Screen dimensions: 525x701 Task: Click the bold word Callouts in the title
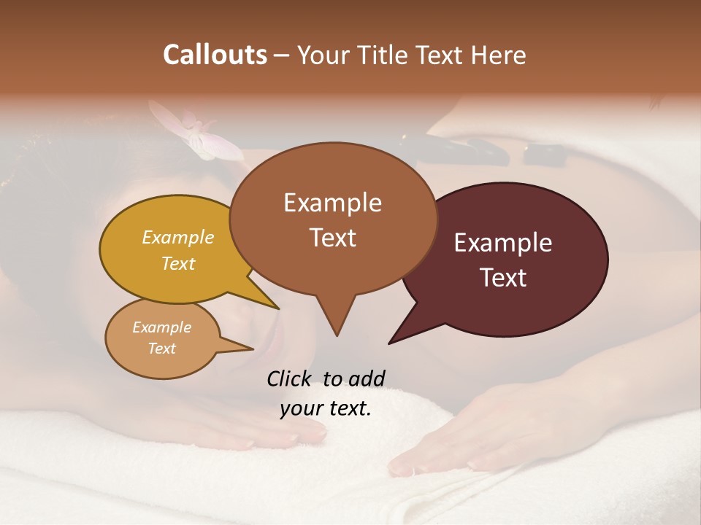click(x=215, y=55)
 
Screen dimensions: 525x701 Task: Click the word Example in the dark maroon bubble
click(x=503, y=243)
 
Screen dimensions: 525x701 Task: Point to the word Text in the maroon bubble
click(x=503, y=277)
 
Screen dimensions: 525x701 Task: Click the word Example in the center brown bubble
click(x=332, y=203)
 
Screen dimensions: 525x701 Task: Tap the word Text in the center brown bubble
click(x=332, y=238)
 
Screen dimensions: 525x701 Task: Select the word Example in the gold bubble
click(x=177, y=238)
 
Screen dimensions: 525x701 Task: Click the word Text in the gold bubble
click(x=177, y=264)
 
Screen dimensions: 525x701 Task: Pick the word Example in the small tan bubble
click(x=161, y=327)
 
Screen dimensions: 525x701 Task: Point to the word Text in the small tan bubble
click(x=161, y=349)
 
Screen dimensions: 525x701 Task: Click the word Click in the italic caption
click(x=290, y=378)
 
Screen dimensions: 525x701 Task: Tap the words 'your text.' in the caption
click(x=326, y=409)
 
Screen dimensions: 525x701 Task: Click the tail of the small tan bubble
click(x=237, y=343)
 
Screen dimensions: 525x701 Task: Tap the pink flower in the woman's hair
click(x=197, y=131)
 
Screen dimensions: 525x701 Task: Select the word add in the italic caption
click(x=367, y=378)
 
